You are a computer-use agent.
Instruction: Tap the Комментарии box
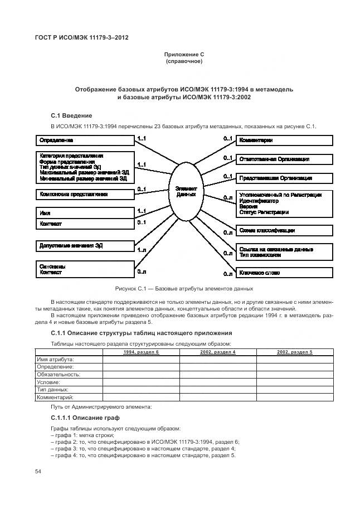click(284, 140)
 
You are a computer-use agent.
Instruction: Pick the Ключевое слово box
click(284, 273)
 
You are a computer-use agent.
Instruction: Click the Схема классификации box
click(284, 230)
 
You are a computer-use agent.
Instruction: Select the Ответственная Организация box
click(284, 159)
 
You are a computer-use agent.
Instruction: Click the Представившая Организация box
click(284, 178)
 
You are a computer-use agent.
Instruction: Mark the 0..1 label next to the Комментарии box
click(227, 137)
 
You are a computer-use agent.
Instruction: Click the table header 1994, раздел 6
click(141, 352)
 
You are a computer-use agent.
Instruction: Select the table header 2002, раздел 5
click(294, 352)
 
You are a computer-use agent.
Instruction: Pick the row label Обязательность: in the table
click(59, 375)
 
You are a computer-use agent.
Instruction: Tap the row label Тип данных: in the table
click(53, 390)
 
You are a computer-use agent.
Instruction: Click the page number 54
click(38, 472)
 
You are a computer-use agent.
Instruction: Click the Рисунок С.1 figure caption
click(184, 288)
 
